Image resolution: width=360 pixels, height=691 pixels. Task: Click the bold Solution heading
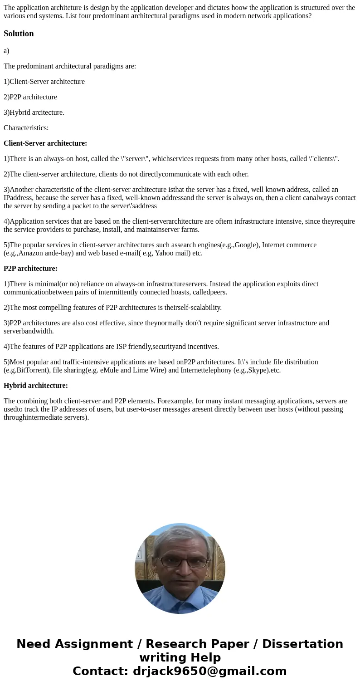(19, 34)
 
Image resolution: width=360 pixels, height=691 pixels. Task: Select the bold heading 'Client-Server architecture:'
(45, 143)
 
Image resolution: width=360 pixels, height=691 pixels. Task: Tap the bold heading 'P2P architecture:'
(30, 269)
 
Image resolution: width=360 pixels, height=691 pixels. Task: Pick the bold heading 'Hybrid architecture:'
(36, 386)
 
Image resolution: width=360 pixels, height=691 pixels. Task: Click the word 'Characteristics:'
(26, 128)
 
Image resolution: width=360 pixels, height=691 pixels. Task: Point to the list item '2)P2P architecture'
(30, 97)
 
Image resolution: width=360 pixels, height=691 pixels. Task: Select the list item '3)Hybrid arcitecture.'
(34, 113)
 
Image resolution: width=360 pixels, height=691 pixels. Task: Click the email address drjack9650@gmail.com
(209, 671)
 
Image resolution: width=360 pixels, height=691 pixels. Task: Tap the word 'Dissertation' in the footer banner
(302, 644)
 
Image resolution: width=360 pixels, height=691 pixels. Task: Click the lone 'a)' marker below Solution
(6, 51)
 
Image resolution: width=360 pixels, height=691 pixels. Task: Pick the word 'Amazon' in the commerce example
(31, 253)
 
